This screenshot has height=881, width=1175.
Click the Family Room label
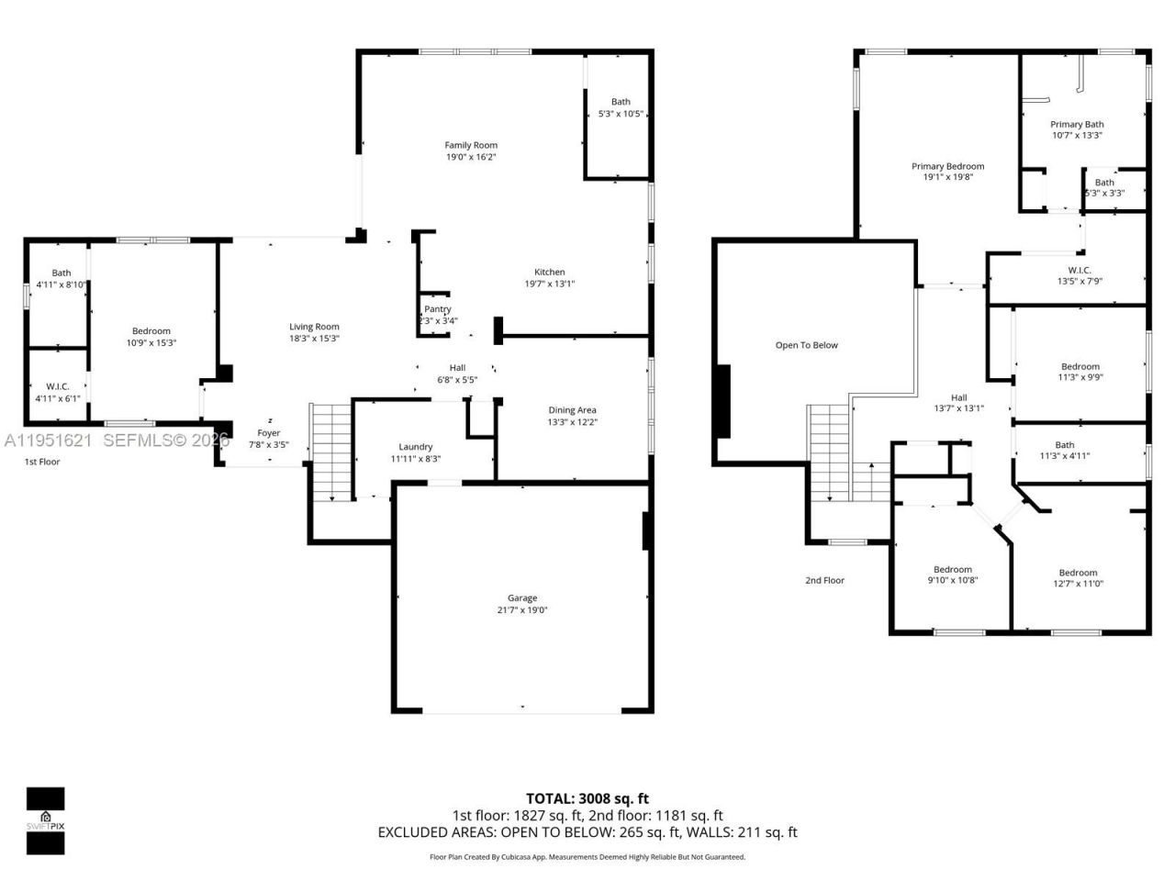pyautogui.click(x=471, y=145)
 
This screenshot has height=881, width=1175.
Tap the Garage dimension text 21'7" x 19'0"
pyautogui.click(x=522, y=610)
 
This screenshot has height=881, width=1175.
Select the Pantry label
pyautogui.click(x=438, y=309)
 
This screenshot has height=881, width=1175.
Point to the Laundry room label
pyautogui.click(x=416, y=447)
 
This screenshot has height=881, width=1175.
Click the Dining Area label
pyautogui.click(x=573, y=410)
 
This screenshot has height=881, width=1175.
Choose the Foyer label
pyautogui.click(x=269, y=433)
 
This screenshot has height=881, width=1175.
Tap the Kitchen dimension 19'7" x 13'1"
pyautogui.click(x=550, y=284)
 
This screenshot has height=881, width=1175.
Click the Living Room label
pyautogui.click(x=315, y=327)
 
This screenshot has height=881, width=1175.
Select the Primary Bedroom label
pyautogui.click(x=947, y=166)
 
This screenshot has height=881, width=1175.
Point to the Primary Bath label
pyautogui.click(x=1077, y=124)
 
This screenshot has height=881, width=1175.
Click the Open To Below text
pyautogui.click(x=807, y=345)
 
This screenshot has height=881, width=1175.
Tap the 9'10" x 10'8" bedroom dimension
pyautogui.click(x=953, y=580)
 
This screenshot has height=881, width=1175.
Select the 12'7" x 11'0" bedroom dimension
pyautogui.click(x=1078, y=584)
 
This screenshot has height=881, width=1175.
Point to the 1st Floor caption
pyautogui.click(x=42, y=462)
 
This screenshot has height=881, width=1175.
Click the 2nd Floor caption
pyautogui.click(x=824, y=580)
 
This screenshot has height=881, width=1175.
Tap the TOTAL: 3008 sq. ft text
pyautogui.click(x=587, y=798)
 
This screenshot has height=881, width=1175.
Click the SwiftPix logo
pyautogui.click(x=45, y=820)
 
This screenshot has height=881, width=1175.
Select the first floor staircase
pyautogui.click(x=331, y=452)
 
